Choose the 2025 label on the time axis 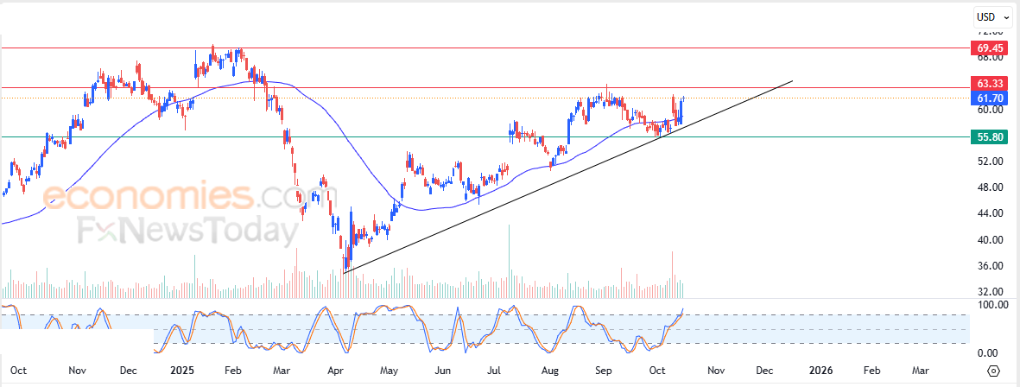click(182, 371)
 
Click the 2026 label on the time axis click(820, 371)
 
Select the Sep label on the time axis click(604, 371)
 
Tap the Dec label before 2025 click(129, 371)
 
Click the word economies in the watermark click(147, 197)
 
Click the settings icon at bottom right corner click(993, 371)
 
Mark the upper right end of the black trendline click(792, 81)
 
